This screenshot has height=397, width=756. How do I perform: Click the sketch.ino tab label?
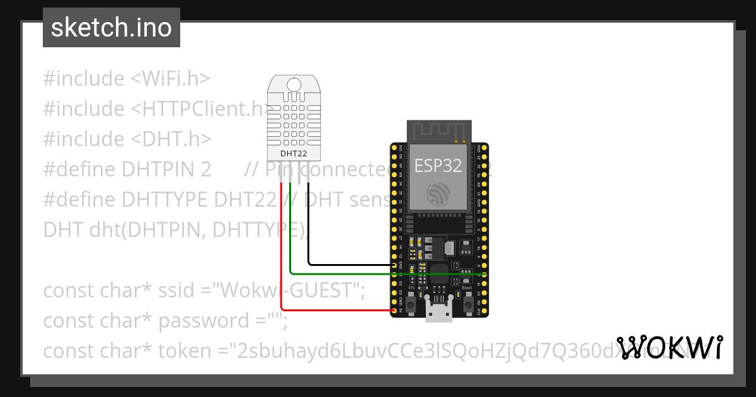pyautogui.click(x=111, y=28)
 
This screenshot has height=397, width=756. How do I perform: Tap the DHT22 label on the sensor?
pyautogui.click(x=294, y=153)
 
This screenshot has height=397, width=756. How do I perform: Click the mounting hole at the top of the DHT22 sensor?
pyautogui.click(x=294, y=84)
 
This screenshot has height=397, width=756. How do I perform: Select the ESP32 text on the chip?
pyautogui.click(x=438, y=166)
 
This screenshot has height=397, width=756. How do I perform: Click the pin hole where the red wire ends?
pyautogui.click(x=394, y=310)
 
